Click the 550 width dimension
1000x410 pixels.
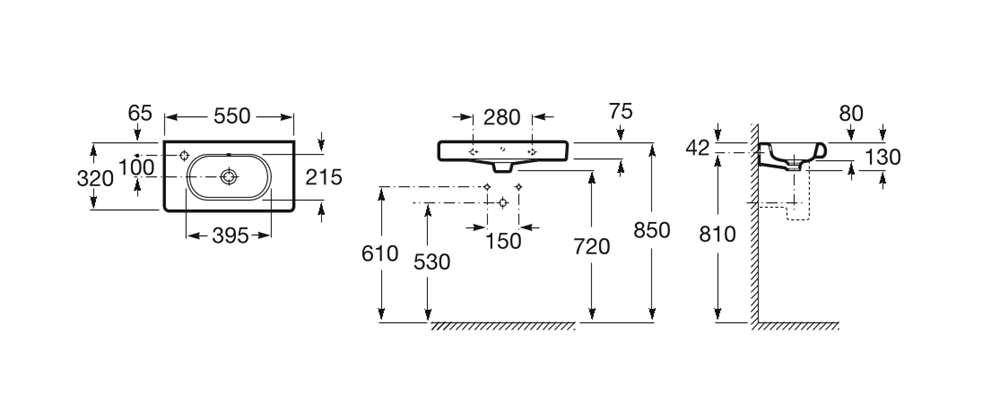232,116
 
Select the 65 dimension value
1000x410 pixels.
140,113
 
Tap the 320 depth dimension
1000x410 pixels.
95,179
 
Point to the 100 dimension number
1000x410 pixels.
136,168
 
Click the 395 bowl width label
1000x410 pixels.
230,236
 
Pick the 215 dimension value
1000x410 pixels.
323,177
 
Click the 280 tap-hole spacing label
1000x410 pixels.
502,117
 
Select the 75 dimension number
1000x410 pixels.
620,112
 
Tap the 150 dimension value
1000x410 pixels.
503,241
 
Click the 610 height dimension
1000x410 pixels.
379,253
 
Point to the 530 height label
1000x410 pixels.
432,261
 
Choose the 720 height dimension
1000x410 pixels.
591,246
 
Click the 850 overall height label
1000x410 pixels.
652,230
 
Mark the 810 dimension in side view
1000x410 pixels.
717,235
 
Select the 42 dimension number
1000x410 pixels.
698,148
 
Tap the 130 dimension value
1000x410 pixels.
883,157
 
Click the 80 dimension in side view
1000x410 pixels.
851,113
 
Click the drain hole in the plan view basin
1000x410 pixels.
228,177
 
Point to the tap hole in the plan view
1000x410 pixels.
184,156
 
